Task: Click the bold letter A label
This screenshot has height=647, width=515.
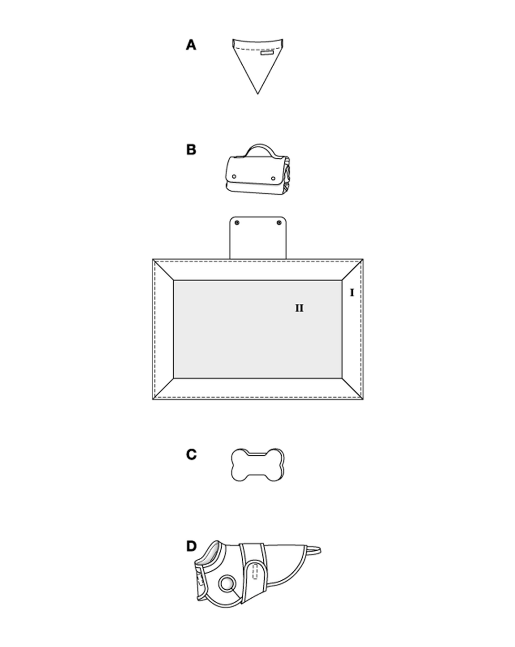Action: pos(191,45)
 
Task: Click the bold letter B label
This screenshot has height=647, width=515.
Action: pos(191,149)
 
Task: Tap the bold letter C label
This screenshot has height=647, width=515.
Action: pos(191,454)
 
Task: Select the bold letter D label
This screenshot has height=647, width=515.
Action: pos(191,546)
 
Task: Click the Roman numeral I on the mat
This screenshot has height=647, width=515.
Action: pos(352,293)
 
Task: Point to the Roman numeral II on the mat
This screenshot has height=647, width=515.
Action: pos(299,308)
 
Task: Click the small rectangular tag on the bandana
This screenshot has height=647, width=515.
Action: pos(267,53)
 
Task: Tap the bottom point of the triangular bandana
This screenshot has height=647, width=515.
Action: pos(257,94)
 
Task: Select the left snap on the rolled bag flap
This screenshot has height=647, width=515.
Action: pos(234,176)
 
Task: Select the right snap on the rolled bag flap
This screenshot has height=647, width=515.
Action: pos(273,179)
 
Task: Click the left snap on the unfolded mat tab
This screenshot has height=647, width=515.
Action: pos(237,223)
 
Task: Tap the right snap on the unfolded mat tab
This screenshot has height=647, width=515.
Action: pos(279,223)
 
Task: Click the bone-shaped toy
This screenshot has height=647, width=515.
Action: pos(257,465)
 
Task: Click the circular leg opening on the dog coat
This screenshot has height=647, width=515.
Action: pos(227,584)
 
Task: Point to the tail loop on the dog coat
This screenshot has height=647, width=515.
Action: pos(314,551)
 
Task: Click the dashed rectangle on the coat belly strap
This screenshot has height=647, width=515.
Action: pos(255,571)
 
